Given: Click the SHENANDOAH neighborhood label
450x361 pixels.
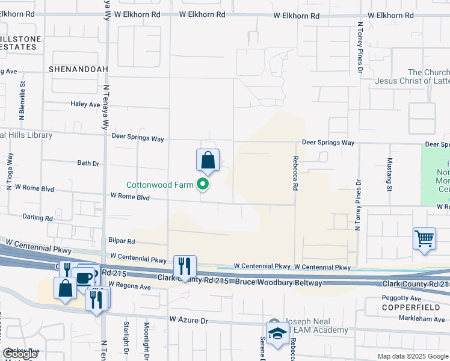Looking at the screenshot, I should (78, 69).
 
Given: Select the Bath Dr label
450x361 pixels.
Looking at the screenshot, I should (88, 163).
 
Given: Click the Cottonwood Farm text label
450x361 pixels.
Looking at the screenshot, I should (159, 185).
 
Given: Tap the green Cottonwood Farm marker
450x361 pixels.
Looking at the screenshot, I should (203, 185).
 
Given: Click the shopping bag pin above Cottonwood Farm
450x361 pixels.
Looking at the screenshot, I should (208, 161).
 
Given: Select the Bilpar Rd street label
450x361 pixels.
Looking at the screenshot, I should (122, 241).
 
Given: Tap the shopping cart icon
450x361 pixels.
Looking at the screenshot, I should (424, 238).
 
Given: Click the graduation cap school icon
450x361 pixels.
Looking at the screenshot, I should (277, 334).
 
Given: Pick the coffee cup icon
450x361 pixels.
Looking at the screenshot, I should (84, 277).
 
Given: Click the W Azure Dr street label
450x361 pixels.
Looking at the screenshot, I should (188, 320).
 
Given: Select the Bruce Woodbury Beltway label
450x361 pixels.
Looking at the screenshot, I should (278, 282).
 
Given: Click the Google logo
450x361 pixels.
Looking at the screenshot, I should (20, 354).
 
